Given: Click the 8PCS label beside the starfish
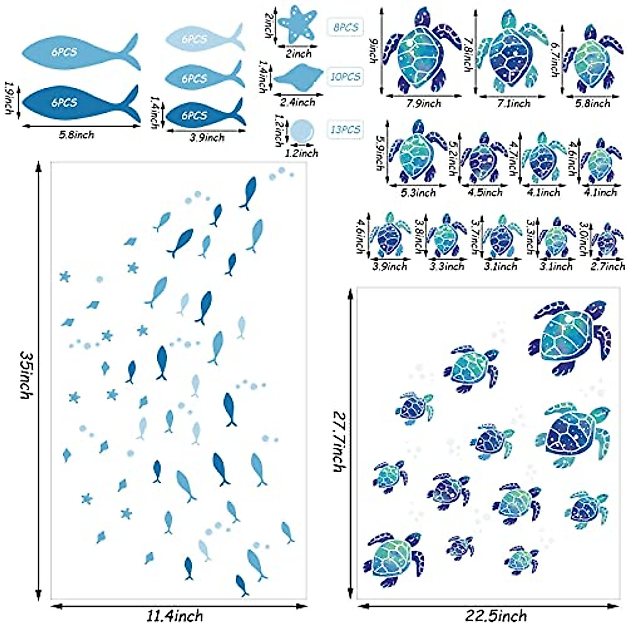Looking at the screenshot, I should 345,27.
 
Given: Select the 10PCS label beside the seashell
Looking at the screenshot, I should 345,76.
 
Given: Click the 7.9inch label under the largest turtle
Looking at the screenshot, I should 423,103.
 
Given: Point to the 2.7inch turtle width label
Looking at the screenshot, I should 608,266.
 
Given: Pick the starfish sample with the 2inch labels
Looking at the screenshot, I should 297,26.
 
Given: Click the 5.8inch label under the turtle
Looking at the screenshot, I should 593,103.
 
